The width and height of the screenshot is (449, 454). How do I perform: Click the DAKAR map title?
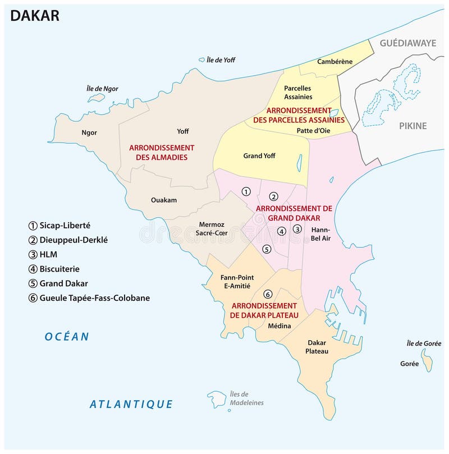click(35, 15)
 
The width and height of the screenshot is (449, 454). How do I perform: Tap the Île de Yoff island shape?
click(201, 59)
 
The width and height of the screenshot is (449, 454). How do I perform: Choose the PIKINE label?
click(413, 126)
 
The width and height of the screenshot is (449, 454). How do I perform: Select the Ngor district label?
click(89, 132)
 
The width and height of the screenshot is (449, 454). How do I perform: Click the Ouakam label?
click(163, 199)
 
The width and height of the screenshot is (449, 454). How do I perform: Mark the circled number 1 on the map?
click(246, 191)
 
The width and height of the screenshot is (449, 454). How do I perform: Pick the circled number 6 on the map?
click(268, 294)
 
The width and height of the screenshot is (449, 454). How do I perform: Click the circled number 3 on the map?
click(297, 228)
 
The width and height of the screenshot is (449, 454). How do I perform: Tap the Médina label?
click(279, 325)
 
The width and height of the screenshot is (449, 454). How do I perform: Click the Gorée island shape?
click(428, 361)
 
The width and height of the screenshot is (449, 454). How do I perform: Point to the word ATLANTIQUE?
click(131, 403)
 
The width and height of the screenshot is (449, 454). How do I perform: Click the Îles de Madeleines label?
click(246, 398)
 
